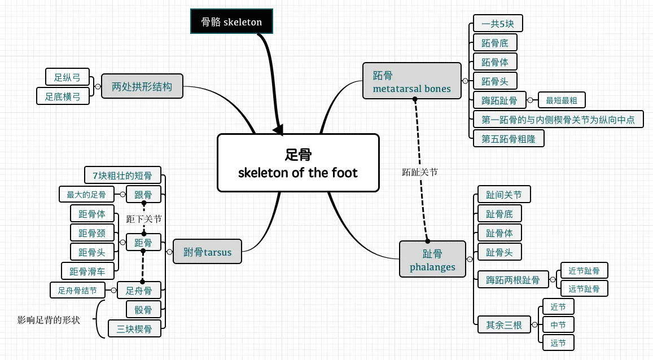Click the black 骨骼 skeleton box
coord(231,21)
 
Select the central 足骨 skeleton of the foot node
coord(298,163)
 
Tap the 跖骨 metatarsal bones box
coord(412,81)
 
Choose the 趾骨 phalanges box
coord(432,259)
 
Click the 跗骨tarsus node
coord(207,251)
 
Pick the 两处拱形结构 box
coord(142,86)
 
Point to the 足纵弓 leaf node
coord(68,77)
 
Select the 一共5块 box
coord(498,23)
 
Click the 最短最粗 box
coord(562,100)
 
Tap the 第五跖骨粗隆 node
coord(509,139)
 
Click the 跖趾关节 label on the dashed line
coord(420,172)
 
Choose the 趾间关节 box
coord(504,194)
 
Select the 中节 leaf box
coord(559,324)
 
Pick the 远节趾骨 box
coord(584,288)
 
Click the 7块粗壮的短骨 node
coord(122,175)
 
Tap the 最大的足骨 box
coord(86,194)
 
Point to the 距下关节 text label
coord(144,219)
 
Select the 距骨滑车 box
coord(87,271)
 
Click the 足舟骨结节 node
coord(77,291)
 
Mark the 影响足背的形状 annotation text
coord(49,320)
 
